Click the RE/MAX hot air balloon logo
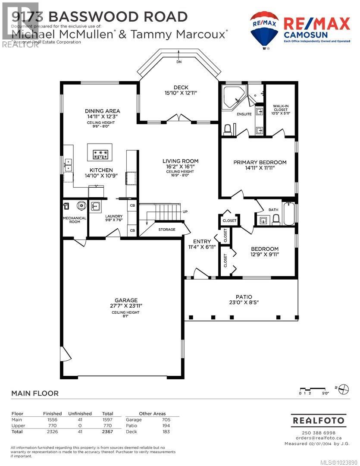(x=264, y=29)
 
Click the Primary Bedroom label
(x=260, y=162)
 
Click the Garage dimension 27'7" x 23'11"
(x=126, y=305)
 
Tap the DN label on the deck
(x=179, y=62)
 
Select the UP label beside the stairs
(x=185, y=212)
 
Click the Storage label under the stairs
(x=167, y=230)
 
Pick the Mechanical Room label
(x=75, y=220)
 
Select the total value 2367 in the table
(x=107, y=431)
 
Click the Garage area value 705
(x=166, y=419)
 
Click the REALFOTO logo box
(x=318, y=420)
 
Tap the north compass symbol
(x=343, y=388)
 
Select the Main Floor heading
(x=34, y=393)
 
